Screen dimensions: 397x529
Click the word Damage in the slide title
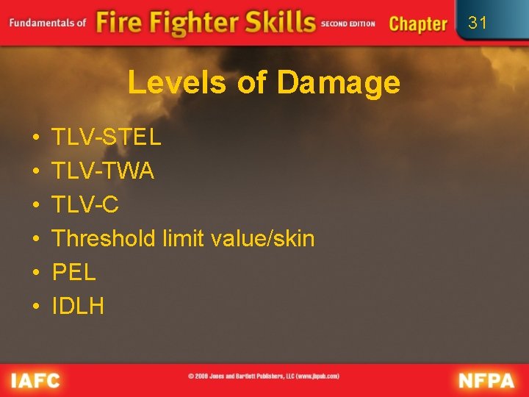[x=339, y=84]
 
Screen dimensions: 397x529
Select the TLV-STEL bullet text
[x=106, y=137]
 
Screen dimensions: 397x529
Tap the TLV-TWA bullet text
[x=103, y=171]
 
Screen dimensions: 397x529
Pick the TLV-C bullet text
[x=85, y=204]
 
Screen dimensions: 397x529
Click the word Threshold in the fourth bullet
[x=104, y=238]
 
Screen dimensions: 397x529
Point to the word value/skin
[x=262, y=238]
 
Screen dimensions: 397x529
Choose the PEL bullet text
[x=73, y=272]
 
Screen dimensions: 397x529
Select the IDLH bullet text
[x=78, y=306]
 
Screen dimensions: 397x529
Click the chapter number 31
[x=478, y=23]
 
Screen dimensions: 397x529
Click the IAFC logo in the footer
[x=35, y=380]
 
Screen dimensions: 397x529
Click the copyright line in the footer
[x=264, y=376]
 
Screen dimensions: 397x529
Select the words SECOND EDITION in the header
[x=348, y=24]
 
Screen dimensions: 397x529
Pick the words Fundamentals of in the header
[x=48, y=23]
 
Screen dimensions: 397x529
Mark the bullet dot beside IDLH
[x=36, y=307]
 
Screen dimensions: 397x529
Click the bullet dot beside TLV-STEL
[x=36, y=137]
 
